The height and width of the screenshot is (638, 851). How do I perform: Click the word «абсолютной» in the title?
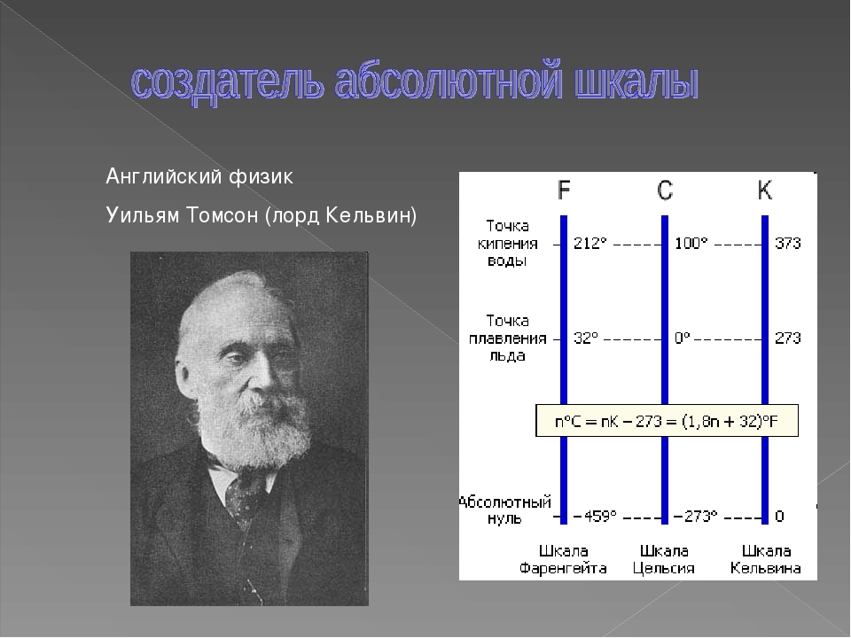point(447,83)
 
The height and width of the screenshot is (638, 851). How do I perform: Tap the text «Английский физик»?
point(199,176)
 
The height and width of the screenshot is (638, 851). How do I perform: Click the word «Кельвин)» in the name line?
point(371,215)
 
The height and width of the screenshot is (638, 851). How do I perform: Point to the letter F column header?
point(564,190)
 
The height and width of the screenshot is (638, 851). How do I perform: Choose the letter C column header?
point(665,191)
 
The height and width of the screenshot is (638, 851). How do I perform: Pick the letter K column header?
point(765,190)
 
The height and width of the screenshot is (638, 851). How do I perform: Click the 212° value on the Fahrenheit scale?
point(590,243)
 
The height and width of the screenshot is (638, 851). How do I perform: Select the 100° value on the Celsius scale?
point(691,243)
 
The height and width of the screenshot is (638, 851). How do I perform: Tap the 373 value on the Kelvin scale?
point(787,243)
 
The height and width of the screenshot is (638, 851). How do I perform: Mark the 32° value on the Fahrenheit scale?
point(586,338)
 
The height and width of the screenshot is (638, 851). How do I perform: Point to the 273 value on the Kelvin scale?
point(787,338)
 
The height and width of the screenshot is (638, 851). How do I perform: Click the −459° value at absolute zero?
point(595,516)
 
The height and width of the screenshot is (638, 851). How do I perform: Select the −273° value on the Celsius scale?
point(695,516)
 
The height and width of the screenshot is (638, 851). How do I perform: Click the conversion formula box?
point(667,420)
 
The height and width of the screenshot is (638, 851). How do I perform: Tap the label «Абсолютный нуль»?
point(504,510)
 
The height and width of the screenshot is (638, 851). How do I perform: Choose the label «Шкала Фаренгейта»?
point(563,559)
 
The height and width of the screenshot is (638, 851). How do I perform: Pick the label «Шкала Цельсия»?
point(664,559)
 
